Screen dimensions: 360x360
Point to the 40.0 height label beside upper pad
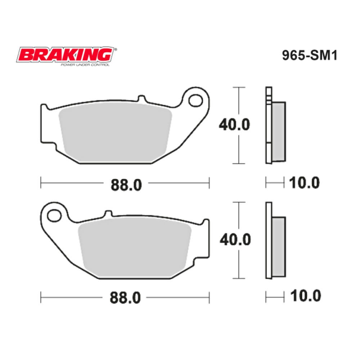(235, 126)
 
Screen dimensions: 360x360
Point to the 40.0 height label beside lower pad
(235, 240)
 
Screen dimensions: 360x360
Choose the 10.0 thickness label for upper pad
(304, 183)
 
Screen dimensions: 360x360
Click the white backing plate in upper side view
(268, 126)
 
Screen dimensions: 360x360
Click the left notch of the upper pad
(43, 108)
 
